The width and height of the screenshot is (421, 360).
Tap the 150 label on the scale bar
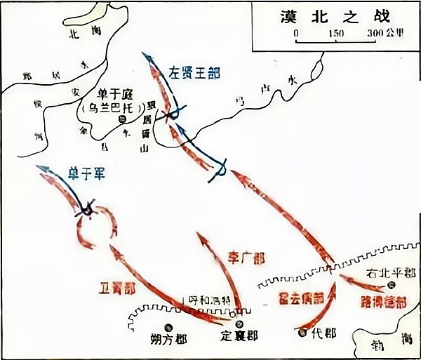tap(335, 33)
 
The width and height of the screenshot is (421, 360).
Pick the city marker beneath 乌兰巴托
tap(123, 120)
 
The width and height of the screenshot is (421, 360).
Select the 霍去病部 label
tap(299, 298)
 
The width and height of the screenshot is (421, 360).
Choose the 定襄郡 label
tap(239, 336)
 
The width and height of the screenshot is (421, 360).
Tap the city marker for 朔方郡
tap(168, 326)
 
